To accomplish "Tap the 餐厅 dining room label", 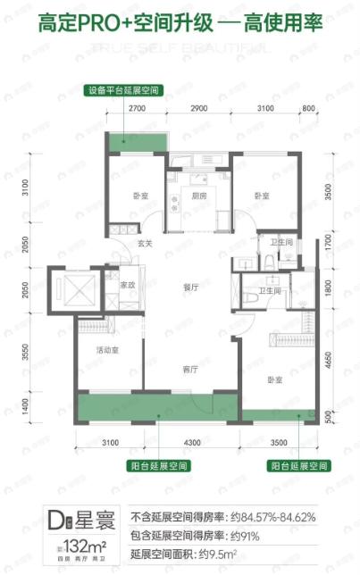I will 189,287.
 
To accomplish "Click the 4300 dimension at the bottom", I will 194,443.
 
